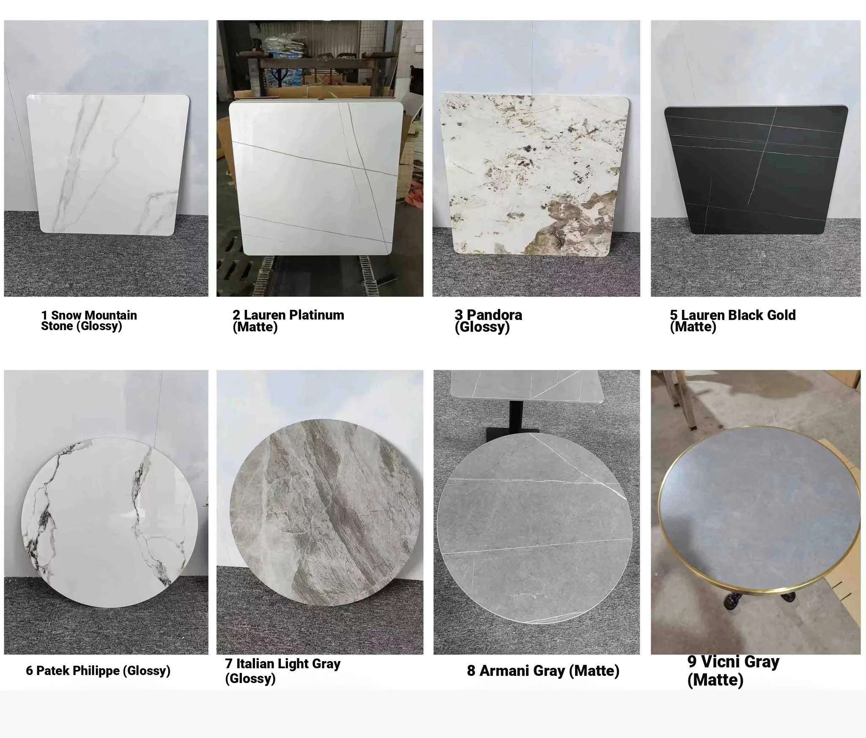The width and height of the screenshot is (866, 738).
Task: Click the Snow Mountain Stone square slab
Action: click(x=108, y=164)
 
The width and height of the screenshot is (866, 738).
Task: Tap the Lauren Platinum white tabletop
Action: click(x=316, y=179)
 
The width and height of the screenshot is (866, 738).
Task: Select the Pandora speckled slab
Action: click(x=534, y=175)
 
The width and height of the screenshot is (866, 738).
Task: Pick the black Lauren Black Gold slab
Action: click(x=756, y=169)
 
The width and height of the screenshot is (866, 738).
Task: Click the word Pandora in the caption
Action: click(x=494, y=315)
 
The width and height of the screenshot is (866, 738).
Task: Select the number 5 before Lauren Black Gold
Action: click(x=674, y=315)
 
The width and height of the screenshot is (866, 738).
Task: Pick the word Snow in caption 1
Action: click(x=66, y=315)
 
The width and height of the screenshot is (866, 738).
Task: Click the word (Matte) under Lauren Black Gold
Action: click(x=693, y=326)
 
